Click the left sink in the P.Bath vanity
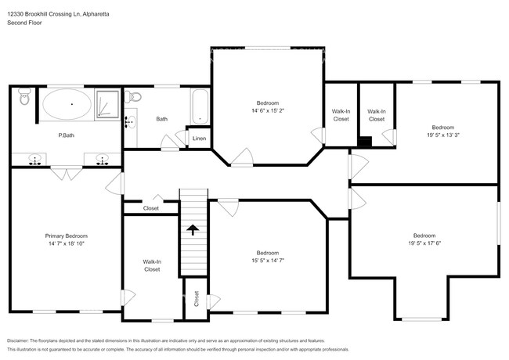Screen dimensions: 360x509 click(35, 160)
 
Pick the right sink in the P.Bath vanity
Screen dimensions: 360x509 click(101, 160)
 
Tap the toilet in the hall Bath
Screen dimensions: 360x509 click(134, 99)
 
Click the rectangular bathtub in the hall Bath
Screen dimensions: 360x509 click(200, 106)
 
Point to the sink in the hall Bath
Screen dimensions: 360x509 click(129, 122)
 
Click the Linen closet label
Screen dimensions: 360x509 click(200, 139)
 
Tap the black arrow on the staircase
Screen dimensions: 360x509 click(192, 229)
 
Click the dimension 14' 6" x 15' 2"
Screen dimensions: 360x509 click(267, 111)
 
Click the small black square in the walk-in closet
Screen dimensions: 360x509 click(364, 142)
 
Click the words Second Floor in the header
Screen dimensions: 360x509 click(25, 23)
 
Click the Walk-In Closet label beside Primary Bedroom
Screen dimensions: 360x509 click(151, 265)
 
